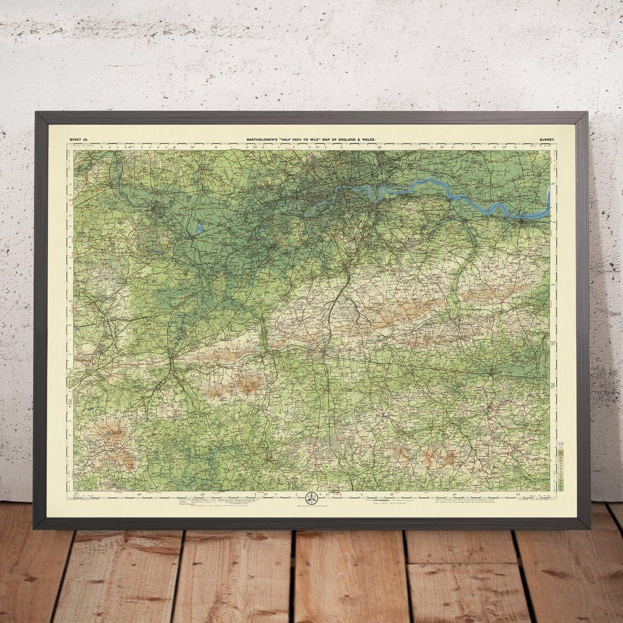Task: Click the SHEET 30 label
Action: coord(79,139)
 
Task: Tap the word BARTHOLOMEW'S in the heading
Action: coord(265,140)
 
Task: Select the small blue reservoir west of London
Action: coord(200,228)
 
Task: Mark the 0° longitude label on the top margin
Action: coord(380,148)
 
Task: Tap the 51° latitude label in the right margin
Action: coord(553,385)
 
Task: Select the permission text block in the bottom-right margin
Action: coord(461,500)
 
